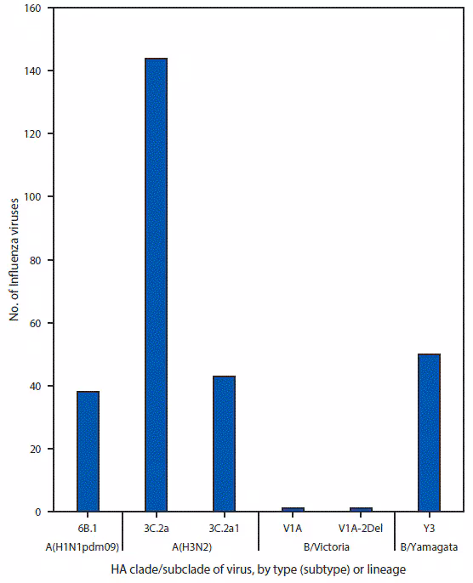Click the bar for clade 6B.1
pos(88,451)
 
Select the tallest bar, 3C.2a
pos(156,285)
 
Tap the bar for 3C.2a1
pos(224,444)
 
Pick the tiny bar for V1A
pos(292,509)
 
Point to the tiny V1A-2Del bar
pos(361,509)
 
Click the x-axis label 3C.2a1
pos(224,527)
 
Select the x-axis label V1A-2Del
pos(361,527)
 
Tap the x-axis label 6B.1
pos(88,527)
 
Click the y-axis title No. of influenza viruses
pos(14,259)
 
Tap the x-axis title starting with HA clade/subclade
pos(254,569)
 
